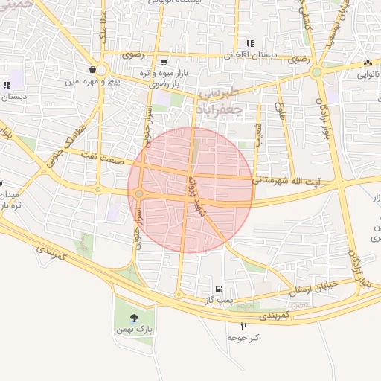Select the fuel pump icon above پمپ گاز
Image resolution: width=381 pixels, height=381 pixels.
click(x=218, y=289)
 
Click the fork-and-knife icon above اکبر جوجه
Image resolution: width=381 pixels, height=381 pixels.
click(x=243, y=326)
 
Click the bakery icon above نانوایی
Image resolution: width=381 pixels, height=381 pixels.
click(x=368, y=63)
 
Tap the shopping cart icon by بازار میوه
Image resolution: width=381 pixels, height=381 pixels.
click(x=163, y=62)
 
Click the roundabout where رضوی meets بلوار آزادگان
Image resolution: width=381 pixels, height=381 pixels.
click(x=316, y=72)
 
